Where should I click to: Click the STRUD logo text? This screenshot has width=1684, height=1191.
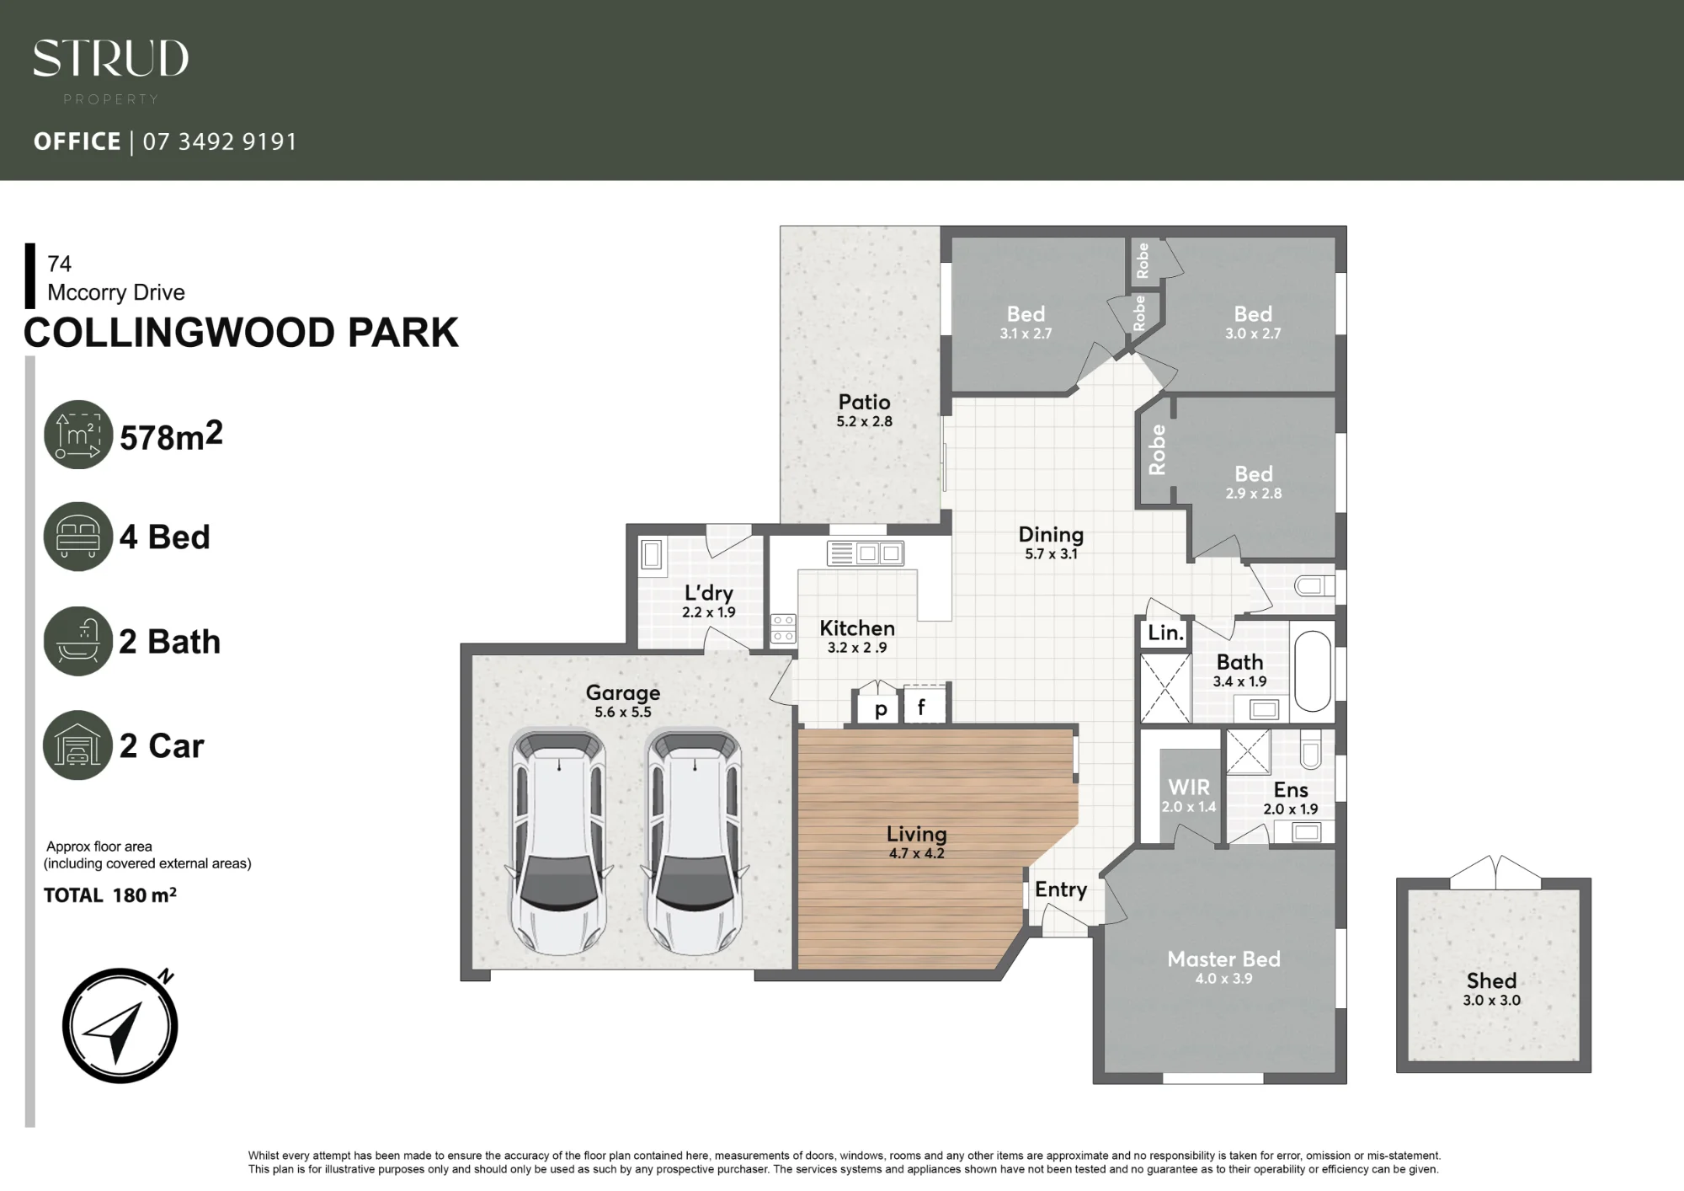(110, 59)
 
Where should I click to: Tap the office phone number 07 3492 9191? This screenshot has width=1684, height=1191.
(220, 142)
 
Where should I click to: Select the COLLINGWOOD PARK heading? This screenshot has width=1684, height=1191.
(241, 333)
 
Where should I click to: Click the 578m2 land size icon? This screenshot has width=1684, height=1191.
(78, 435)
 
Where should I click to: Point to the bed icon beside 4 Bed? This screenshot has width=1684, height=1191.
(78, 537)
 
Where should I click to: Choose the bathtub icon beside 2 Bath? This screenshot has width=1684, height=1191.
(78, 641)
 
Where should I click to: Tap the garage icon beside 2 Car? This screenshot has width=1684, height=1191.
(78, 745)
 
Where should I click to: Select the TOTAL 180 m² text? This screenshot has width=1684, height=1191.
(110, 895)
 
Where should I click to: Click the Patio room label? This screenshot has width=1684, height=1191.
(864, 402)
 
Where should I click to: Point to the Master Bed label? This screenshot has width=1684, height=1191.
(1223, 959)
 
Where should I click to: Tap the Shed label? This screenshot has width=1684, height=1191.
(1491, 980)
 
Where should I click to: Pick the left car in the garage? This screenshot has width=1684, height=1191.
(559, 842)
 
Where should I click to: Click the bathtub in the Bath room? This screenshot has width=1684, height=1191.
(1312, 671)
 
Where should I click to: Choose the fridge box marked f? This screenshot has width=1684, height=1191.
(925, 704)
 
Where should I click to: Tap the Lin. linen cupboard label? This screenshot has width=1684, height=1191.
(1166, 633)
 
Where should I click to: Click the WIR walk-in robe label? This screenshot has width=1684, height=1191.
(1189, 787)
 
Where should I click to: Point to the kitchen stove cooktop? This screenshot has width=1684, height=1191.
(783, 628)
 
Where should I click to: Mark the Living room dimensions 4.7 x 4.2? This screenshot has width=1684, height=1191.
(916, 853)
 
